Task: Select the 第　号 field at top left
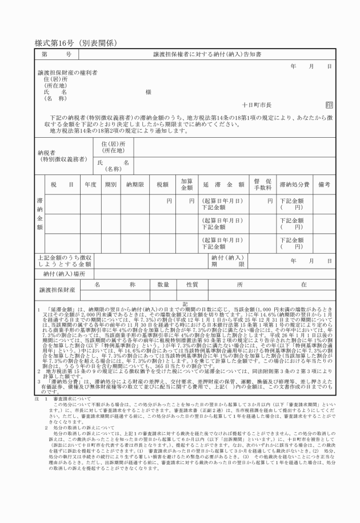tap(57, 55)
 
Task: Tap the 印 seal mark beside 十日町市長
tap(329, 105)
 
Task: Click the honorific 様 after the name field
tap(148, 92)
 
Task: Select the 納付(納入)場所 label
tap(64, 274)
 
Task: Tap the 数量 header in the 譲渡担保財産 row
tap(163, 284)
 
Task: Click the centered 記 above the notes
tap(185, 303)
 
